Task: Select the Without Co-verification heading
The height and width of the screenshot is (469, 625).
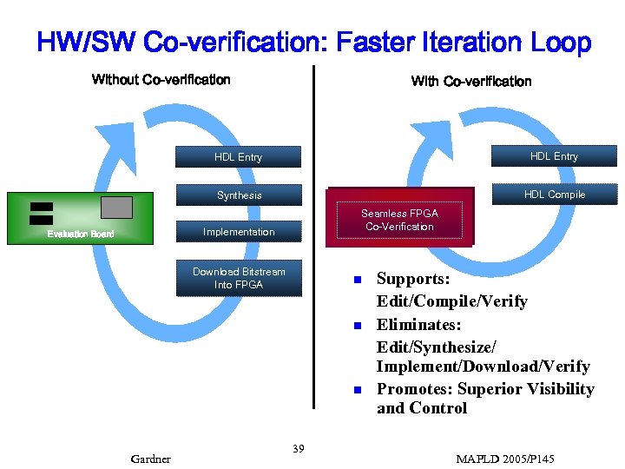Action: [161, 80]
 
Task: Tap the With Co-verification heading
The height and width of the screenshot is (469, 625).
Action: [470, 82]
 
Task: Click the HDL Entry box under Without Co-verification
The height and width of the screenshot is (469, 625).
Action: [238, 157]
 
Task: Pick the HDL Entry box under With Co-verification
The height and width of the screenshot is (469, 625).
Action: [554, 156]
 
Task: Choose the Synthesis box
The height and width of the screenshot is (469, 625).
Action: [239, 195]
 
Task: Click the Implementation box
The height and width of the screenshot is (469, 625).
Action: [239, 232]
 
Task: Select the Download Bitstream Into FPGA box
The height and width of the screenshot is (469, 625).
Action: [239, 278]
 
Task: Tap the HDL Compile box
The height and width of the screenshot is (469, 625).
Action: [554, 195]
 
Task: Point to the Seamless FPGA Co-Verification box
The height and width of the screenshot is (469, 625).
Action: [399, 220]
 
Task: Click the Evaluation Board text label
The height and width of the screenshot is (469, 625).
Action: [80, 234]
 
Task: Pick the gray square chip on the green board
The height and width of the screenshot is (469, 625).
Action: [117, 208]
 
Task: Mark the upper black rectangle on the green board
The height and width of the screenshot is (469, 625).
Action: [41, 208]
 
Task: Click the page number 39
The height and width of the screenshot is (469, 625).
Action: [298, 448]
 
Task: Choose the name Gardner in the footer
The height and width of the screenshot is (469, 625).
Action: [150, 459]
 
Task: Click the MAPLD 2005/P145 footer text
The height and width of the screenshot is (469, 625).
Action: [504, 459]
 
